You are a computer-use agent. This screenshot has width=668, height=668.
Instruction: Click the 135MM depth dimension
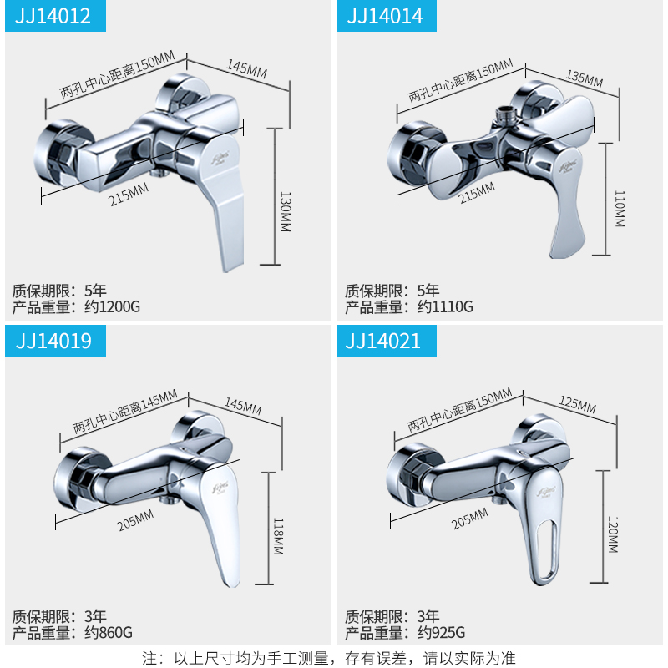pos(584,79)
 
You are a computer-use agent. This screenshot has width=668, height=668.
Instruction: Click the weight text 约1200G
pos(112,306)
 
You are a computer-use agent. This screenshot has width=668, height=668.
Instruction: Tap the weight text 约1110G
pos(445,306)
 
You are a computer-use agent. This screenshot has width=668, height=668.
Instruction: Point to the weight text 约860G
pos(109,632)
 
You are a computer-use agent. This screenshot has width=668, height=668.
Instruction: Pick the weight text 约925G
pos(443,632)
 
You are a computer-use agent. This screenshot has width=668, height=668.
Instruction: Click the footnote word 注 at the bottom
pos(150,658)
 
